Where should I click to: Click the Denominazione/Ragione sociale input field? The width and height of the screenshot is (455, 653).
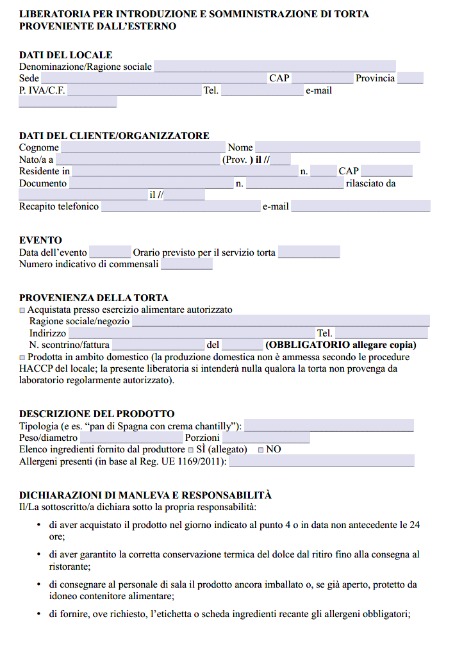pyautogui.click(x=274, y=67)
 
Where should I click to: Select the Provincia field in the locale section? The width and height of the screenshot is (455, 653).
pyautogui.click(x=410, y=78)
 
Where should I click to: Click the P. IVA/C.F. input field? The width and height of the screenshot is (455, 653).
pyautogui.click(x=134, y=90)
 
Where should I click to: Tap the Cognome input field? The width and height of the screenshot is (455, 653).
pyautogui.click(x=143, y=147)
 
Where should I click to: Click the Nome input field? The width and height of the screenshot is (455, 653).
pyautogui.click(x=337, y=147)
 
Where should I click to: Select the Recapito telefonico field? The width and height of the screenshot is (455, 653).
pyautogui.click(x=180, y=206)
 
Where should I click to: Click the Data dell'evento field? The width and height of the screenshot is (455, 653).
pyautogui.click(x=110, y=252)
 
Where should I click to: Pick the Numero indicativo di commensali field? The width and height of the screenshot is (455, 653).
pyautogui.click(x=186, y=264)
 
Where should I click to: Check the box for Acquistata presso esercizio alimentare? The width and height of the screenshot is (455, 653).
pyautogui.click(x=22, y=310)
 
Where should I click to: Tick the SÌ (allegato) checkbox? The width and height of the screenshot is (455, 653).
pyautogui.click(x=190, y=450)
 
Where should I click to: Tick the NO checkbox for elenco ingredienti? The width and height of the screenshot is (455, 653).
pyautogui.click(x=261, y=450)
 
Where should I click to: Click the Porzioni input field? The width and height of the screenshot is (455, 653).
pyautogui.click(x=265, y=438)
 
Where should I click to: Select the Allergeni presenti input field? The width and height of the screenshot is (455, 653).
pyautogui.click(x=321, y=461)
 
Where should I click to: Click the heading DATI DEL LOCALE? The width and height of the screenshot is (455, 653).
pyautogui.click(x=65, y=55)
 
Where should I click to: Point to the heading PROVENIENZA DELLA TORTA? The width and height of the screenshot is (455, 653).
pyautogui.click(x=94, y=298)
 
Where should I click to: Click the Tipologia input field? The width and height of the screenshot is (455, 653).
pyautogui.click(x=329, y=426)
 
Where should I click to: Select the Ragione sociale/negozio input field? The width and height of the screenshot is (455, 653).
pyautogui.click(x=281, y=321)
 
